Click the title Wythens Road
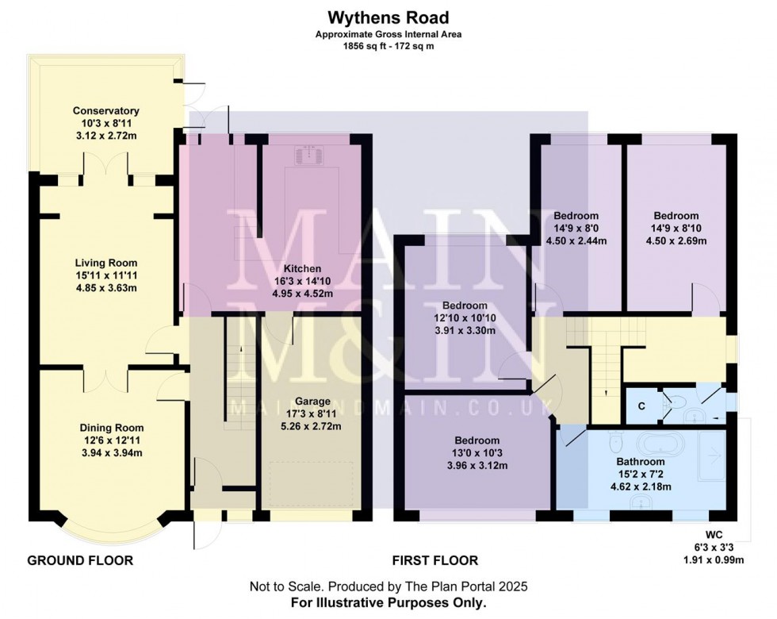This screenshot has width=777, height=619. (x=388, y=17)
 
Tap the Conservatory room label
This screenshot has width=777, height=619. (x=106, y=110)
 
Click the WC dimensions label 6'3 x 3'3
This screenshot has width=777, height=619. (x=720, y=548)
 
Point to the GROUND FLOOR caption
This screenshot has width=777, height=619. (x=80, y=561)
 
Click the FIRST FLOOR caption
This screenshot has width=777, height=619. (x=435, y=561)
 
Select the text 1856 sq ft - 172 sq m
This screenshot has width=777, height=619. (x=388, y=46)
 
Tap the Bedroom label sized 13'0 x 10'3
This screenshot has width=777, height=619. (x=477, y=440)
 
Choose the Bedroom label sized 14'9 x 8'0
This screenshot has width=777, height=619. (x=576, y=215)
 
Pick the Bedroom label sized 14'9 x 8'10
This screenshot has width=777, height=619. (x=676, y=215)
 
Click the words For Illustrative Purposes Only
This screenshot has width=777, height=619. (x=388, y=603)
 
